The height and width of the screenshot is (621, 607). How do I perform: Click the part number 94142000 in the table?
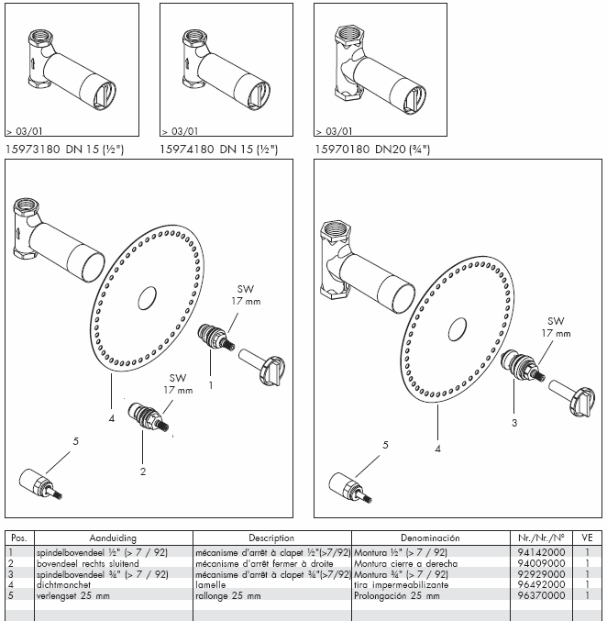(541, 552)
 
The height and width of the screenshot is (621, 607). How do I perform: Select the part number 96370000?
(541, 596)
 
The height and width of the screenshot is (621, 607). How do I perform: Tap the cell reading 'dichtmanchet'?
(62, 585)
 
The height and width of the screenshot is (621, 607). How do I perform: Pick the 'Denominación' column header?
(429, 538)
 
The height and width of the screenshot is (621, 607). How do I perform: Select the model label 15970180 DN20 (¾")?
(371, 148)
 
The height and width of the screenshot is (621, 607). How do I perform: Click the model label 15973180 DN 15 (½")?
(64, 148)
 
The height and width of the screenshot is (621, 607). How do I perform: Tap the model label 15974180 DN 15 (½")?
(218, 148)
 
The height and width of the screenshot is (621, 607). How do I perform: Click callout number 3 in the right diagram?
(514, 422)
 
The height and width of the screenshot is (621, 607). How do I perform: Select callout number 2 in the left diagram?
(142, 472)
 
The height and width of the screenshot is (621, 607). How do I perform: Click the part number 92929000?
(541, 574)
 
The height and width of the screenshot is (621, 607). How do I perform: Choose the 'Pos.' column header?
(18, 538)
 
